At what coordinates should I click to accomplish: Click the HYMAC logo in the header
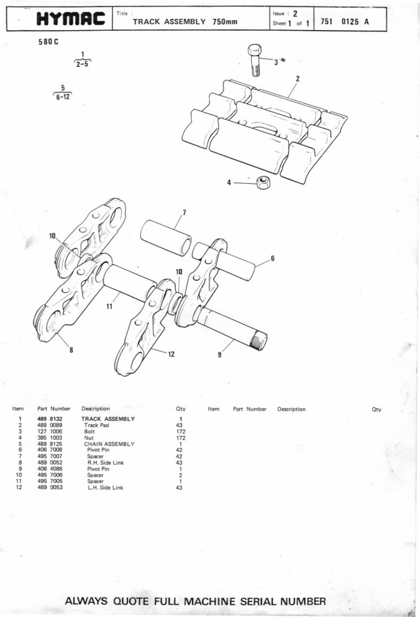coord(71,19)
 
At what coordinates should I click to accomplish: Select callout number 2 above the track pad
coord(297,79)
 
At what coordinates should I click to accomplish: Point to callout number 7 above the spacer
coord(184,212)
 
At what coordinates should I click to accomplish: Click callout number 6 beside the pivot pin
coord(272,259)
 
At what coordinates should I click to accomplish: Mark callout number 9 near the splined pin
coord(219,355)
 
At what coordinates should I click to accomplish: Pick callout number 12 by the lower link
coord(171,354)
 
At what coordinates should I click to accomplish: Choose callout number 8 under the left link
coord(71,351)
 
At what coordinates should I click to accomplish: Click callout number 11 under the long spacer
coord(109,306)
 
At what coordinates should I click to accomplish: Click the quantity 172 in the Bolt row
coord(181,431)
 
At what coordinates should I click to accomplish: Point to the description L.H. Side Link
coord(105,488)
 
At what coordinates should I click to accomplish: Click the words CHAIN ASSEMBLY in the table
coord(109,444)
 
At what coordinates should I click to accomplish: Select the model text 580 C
coord(48,42)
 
